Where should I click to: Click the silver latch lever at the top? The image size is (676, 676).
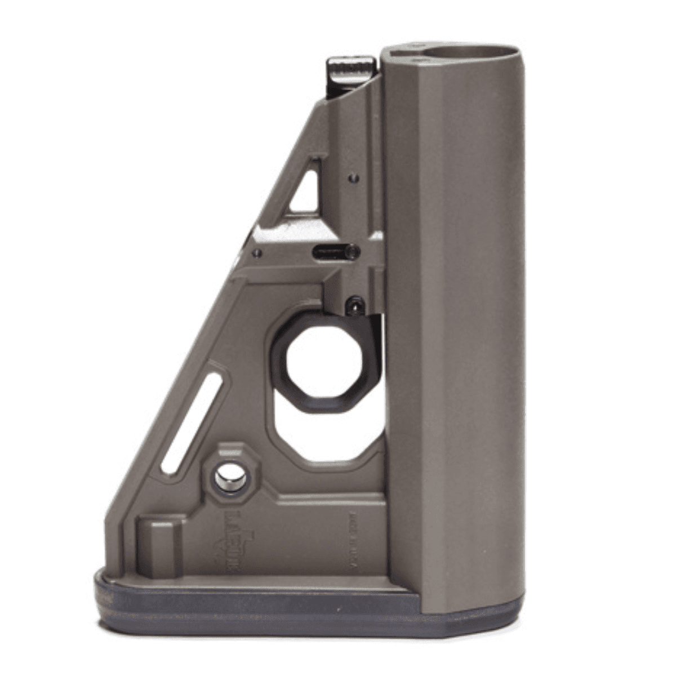pos(350,71)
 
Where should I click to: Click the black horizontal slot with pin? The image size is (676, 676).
pos(333,250)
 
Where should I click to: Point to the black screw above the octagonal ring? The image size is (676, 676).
pos(355,304)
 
